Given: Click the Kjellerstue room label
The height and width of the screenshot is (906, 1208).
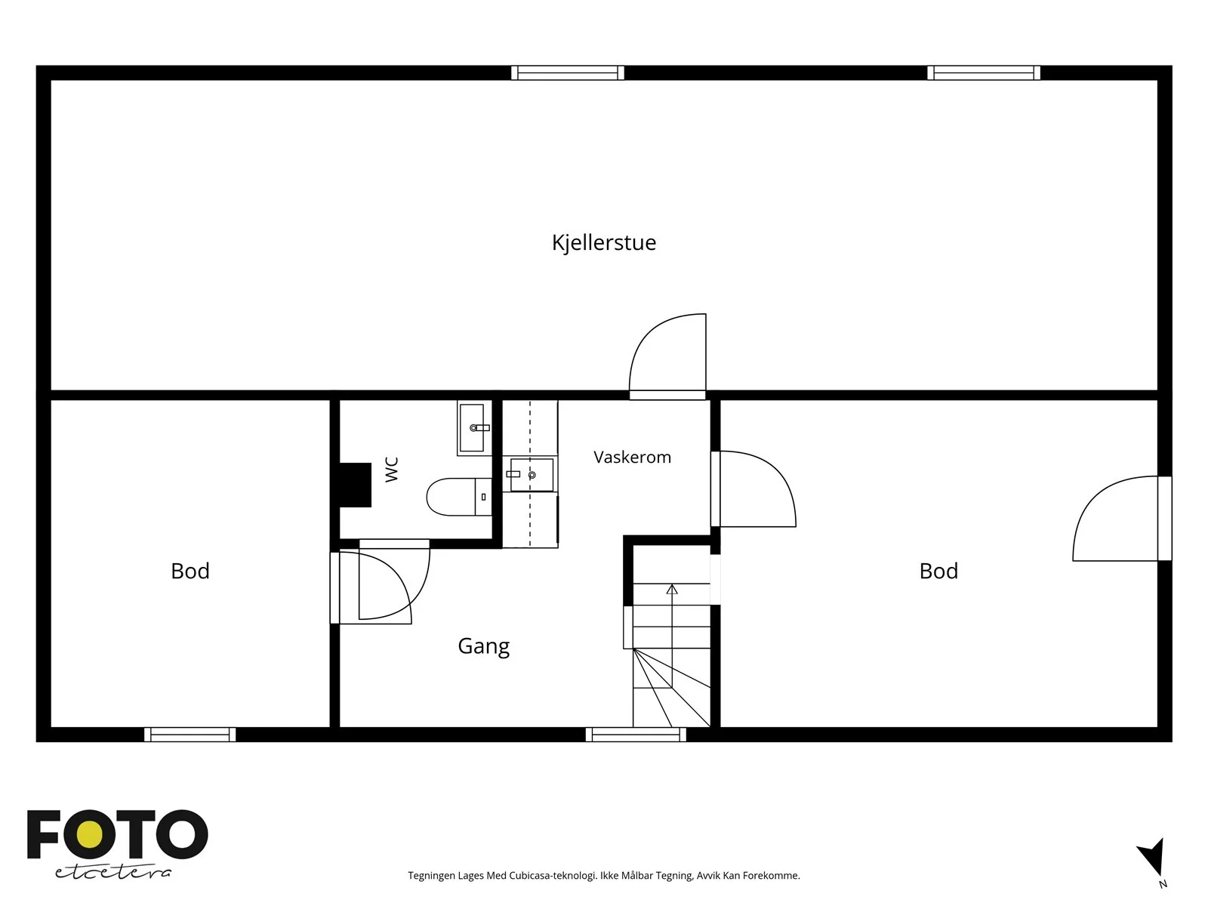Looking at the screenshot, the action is (604, 242).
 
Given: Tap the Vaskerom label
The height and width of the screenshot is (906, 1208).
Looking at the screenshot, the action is (633, 457).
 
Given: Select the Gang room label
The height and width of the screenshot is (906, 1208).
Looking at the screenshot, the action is (484, 646).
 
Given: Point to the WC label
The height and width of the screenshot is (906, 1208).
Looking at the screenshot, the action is (391, 470).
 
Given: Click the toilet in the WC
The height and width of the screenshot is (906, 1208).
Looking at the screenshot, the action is (459, 497).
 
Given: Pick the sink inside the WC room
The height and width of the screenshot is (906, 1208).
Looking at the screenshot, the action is (474, 428).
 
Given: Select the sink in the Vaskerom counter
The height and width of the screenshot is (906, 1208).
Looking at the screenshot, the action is (531, 475).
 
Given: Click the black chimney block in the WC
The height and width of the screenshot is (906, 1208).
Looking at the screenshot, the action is (356, 485).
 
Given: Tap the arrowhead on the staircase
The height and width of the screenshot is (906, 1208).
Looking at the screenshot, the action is (672, 590).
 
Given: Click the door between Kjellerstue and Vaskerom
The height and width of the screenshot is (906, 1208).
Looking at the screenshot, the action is (667, 356).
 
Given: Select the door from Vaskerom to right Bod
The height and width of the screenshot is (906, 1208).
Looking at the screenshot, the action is (753, 489).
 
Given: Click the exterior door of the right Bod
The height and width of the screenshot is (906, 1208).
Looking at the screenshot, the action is (1122, 519).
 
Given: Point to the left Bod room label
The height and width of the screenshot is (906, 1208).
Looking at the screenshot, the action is (190, 571).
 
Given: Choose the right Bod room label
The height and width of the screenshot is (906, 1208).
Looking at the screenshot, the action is (939, 571).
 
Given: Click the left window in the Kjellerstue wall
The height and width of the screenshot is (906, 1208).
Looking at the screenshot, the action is (568, 72).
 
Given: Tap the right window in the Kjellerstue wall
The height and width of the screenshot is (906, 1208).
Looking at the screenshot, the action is (984, 72).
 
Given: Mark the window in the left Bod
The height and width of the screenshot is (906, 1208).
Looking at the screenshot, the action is (190, 735).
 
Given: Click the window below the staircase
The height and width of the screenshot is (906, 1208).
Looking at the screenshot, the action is (636, 735).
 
